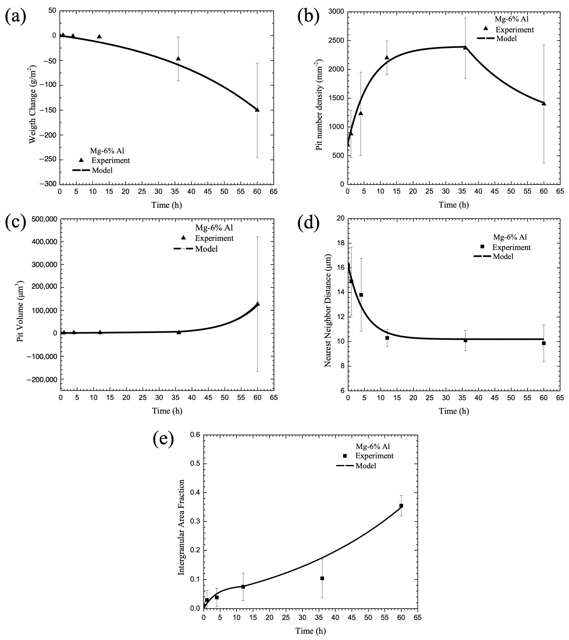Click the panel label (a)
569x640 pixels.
click(x=16, y=16)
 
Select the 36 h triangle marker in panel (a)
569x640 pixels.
click(x=178, y=59)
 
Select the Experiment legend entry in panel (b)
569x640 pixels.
click(x=515, y=30)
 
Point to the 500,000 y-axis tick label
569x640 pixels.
click(x=44, y=219)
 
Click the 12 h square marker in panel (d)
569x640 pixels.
click(x=387, y=338)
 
